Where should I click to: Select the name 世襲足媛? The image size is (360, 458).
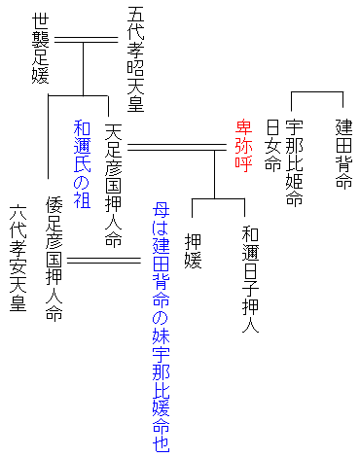click(40, 49)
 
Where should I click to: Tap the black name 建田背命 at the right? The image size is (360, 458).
click(343, 155)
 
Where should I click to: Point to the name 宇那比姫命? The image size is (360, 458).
click(296, 163)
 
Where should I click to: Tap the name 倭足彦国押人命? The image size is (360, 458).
click(54, 260)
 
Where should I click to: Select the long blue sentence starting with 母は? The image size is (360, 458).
click(161, 326)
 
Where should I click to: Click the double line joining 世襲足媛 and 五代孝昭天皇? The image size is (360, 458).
click(85, 40)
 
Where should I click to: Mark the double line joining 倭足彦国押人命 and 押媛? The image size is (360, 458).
click(103, 261)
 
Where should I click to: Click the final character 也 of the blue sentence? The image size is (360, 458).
click(161, 441)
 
